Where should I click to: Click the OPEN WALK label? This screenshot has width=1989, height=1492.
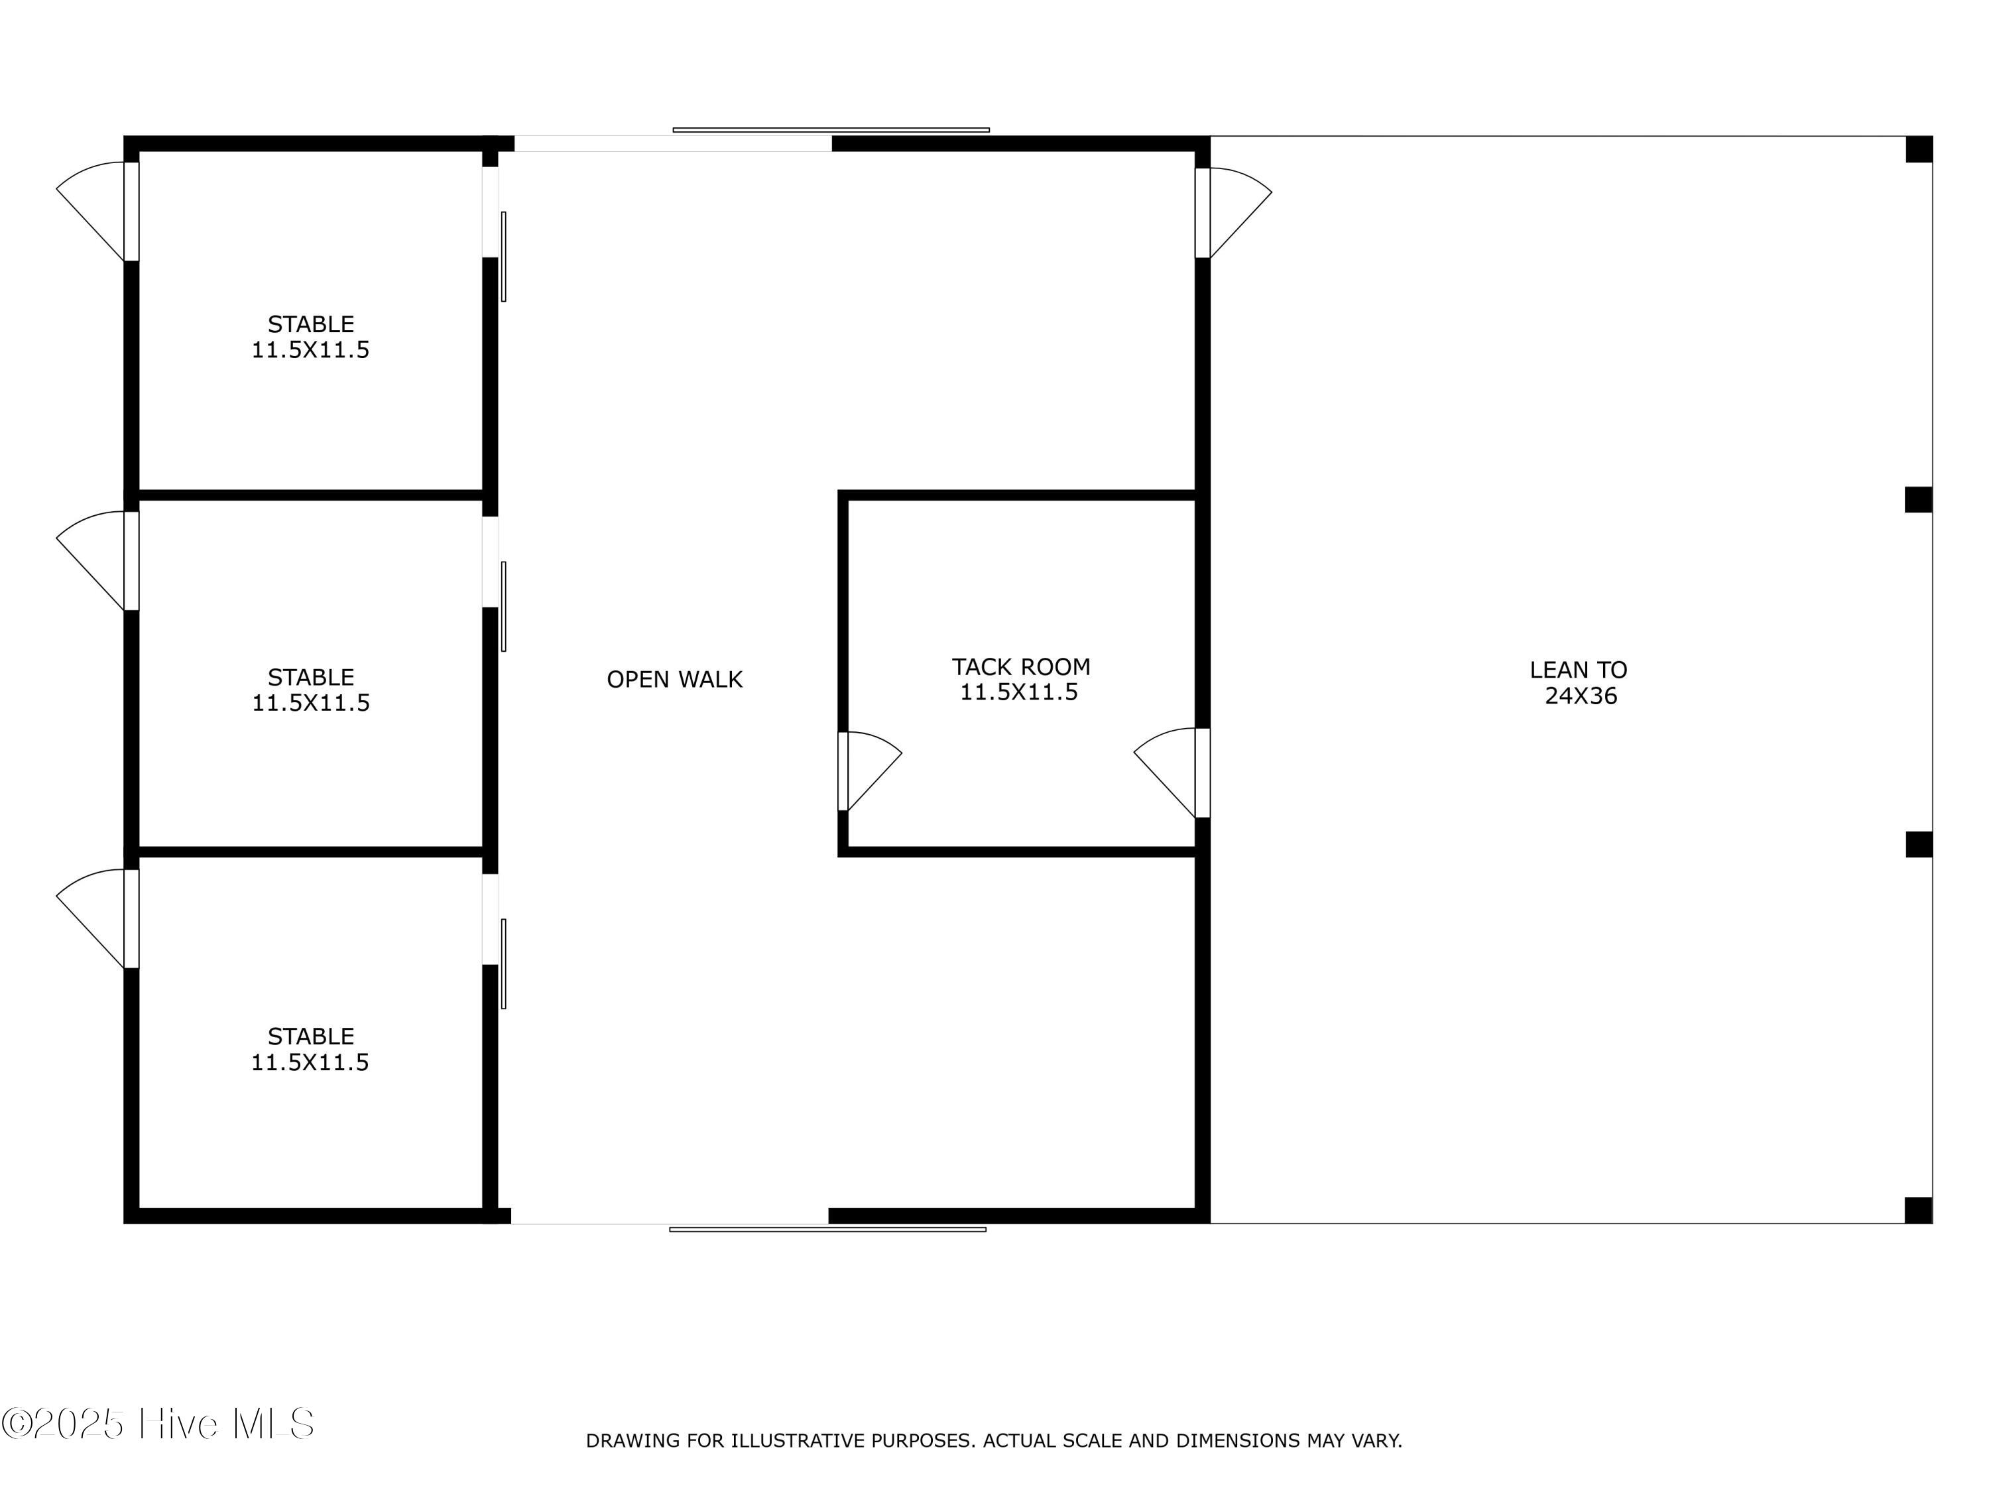(x=674, y=679)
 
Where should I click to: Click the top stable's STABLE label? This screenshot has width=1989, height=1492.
(x=310, y=324)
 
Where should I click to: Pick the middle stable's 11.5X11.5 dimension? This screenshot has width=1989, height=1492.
(x=310, y=702)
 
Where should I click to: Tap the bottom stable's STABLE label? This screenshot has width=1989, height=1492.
(x=310, y=1036)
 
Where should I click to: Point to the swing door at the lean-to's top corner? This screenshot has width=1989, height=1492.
(x=1233, y=213)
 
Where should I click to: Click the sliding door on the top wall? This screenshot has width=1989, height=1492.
(x=831, y=131)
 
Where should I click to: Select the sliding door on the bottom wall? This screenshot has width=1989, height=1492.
(x=827, y=1229)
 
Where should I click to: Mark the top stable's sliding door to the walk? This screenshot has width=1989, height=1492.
(x=503, y=257)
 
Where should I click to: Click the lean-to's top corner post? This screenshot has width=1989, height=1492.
(x=1919, y=149)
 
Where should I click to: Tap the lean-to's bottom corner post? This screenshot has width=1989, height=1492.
(x=1918, y=1210)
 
